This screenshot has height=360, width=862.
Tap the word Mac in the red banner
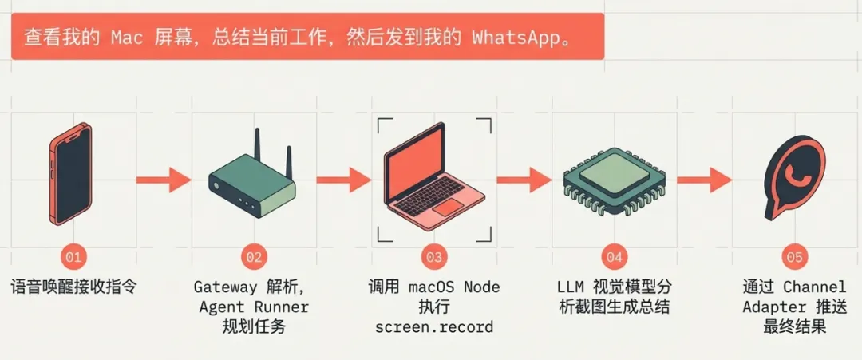point(125,38)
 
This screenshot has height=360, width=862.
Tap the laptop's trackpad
point(449,208)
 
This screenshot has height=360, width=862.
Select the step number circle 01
point(73,257)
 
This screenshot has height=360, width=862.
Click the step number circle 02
point(253,257)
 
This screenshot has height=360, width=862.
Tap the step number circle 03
point(433,257)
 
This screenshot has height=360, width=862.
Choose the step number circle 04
point(614,257)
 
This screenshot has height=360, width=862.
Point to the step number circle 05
point(794,257)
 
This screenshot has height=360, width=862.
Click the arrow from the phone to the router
point(163,180)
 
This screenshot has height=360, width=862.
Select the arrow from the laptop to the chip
point(523,180)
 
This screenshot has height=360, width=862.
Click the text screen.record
point(433,327)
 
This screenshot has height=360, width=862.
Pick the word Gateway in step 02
point(226,287)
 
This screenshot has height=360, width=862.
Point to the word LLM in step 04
point(571,287)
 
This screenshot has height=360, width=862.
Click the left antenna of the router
point(257,148)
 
